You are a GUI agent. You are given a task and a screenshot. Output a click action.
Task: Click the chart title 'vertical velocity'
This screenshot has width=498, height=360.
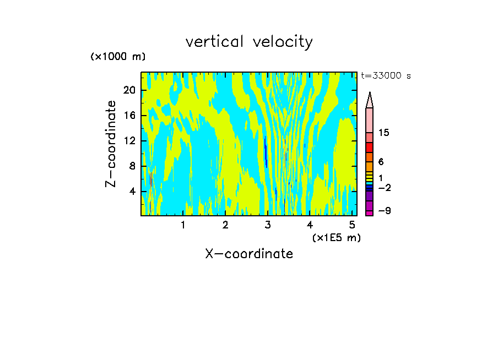(x=249, y=42)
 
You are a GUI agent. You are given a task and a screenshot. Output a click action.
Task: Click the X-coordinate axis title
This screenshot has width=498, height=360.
(x=249, y=254)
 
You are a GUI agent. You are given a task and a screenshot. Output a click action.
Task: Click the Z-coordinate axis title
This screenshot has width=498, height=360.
(x=111, y=144)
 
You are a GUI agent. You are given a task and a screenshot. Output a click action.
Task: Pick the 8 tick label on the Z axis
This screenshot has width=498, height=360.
(x=133, y=166)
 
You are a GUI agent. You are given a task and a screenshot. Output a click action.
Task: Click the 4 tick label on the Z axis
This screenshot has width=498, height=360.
(x=133, y=192)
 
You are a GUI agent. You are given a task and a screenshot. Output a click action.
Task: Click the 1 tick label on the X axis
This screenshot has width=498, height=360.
(x=183, y=225)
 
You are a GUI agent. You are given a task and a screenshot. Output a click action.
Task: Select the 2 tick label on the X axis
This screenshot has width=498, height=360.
(x=225, y=225)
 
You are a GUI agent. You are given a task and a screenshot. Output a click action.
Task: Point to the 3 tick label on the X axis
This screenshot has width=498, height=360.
(x=268, y=225)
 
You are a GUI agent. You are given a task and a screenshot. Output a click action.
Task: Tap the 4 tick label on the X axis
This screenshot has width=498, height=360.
(x=310, y=225)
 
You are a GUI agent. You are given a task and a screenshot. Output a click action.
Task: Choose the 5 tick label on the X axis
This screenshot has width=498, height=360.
(x=352, y=225)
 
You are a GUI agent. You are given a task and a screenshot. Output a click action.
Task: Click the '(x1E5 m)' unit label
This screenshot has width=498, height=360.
(x=336, y=237)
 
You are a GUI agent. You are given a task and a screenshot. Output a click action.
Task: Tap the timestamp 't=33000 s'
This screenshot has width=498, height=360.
(x=386, y=76)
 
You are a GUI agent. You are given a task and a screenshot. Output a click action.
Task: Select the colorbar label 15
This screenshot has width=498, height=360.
(x=384, y=133)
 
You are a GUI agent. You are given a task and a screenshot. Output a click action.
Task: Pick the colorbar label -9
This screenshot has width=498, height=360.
(x=384, y=211)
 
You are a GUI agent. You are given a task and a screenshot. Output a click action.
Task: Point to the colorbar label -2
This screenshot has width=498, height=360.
(x=384, y=188)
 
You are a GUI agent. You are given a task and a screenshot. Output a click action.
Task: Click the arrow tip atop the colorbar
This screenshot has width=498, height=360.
(x=370, y=95)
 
